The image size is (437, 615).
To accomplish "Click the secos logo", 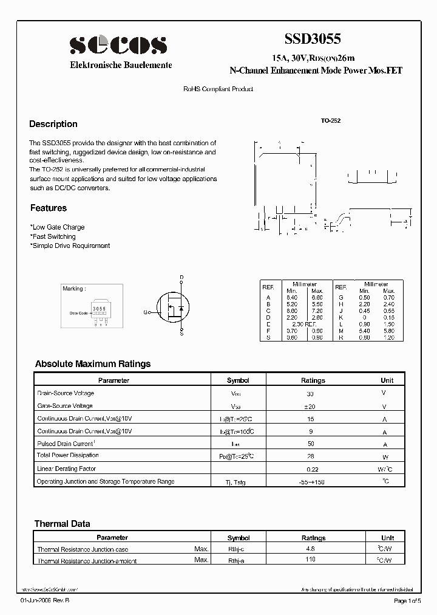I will (118, 45).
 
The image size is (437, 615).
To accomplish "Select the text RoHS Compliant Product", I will (218, 89).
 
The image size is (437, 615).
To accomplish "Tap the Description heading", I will (53, 124).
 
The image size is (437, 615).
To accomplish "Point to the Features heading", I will (49, 208).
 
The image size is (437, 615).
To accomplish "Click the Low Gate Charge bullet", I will (58, 227).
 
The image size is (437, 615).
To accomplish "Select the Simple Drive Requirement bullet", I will (70, 246).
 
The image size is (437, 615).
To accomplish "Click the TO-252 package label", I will (331, 121).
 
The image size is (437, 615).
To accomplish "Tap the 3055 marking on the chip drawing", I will (99, 309).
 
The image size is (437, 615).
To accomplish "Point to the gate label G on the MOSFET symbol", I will (146, 312).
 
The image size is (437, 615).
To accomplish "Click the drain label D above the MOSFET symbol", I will (181, 278).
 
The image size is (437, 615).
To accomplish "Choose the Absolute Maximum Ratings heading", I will (93, 364).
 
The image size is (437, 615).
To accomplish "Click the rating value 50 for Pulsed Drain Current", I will (311, 444).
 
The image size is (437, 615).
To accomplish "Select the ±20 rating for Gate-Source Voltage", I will (311, 406).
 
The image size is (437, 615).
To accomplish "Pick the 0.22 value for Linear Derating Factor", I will (313, 469).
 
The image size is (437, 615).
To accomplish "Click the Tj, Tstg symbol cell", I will (238, 482).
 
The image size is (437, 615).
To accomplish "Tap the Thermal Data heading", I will (63, 523).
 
